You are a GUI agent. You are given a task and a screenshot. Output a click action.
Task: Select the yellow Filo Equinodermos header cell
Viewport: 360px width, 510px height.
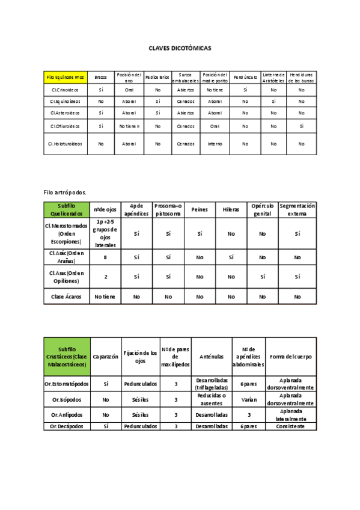[66, 77]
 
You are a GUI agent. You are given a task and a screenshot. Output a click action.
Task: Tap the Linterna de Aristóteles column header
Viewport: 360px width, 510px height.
[273, 77]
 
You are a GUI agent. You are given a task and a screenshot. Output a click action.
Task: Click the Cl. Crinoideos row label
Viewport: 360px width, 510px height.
[66, 89]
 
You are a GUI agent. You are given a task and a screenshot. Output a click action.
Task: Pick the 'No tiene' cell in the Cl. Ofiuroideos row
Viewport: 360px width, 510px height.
[129, 126]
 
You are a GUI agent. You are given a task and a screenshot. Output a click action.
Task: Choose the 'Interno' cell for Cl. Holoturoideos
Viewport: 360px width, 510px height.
[215, 144]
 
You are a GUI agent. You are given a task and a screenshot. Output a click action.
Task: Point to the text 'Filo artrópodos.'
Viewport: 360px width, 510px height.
[65, 192]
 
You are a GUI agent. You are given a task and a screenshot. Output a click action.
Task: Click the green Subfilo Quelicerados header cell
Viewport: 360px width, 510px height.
[66, 209]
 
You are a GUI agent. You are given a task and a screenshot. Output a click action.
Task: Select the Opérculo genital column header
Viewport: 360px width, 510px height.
[263, 209]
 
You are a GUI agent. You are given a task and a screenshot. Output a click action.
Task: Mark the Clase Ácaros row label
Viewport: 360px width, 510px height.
[66, 296]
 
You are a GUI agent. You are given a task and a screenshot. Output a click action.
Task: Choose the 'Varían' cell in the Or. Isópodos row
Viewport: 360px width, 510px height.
[245, 399]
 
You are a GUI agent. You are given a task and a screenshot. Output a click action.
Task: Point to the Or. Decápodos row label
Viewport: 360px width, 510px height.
[67, 426]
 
